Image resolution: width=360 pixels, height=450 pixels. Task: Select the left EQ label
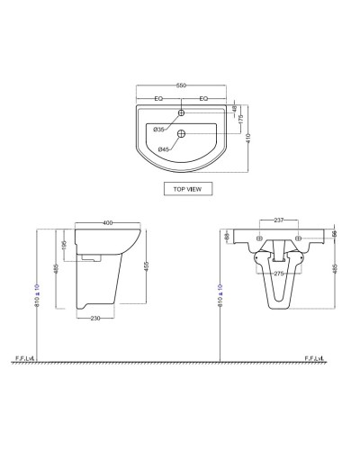pyautogui.click(x=158, y=98)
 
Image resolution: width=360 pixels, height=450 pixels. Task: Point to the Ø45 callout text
pyautogui.click(x=163, y=147)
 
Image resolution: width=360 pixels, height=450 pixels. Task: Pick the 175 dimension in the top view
pyautogui.click(x=239, y=120)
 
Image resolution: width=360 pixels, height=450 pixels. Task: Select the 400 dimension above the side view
pyautogui.click(x=109, y=221)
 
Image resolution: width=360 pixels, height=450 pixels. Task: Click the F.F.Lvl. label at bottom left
pyautogui.click(x=25, y=358)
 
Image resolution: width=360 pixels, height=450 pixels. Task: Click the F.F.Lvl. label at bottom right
pyautogui.click(x=316, y=358)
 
